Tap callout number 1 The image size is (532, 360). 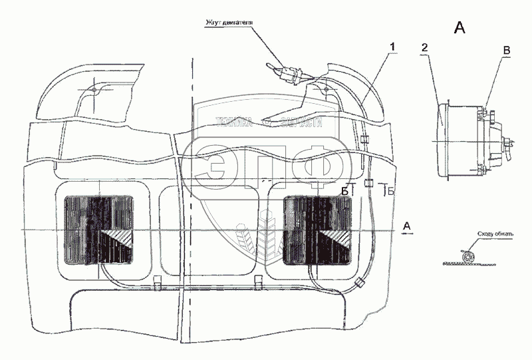click(392, 46)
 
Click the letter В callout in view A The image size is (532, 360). click(507, 50)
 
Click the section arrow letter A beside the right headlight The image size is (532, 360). click(409, 227)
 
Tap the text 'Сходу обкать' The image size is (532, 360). click(494, 235)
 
